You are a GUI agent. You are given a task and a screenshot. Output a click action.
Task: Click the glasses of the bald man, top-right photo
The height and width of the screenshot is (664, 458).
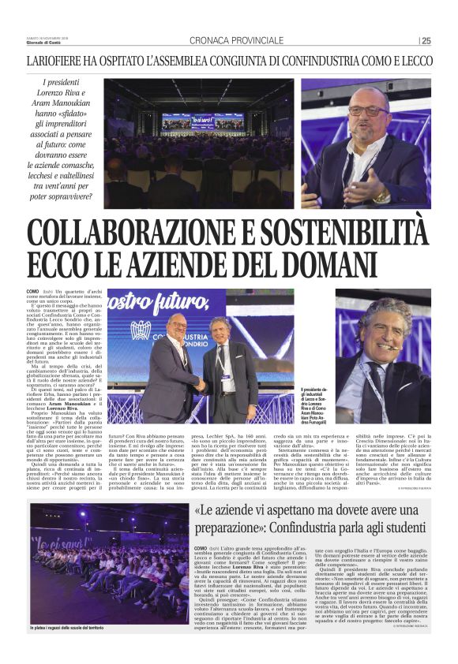(368, 111)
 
